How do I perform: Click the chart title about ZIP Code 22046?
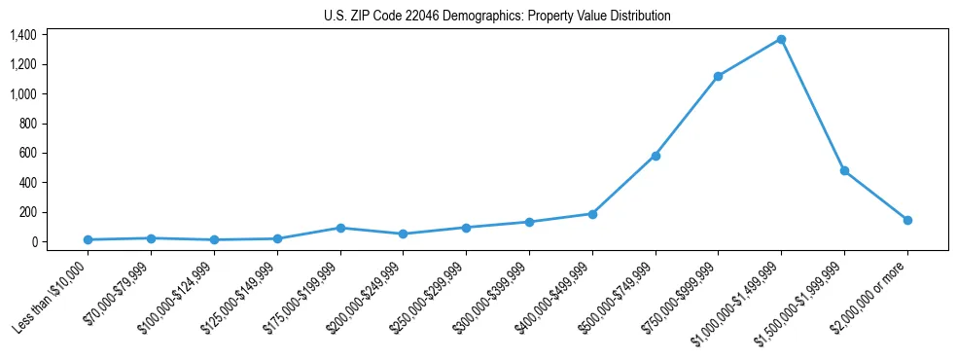click(x=497, y=17)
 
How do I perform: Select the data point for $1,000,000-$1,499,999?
click(x=781, y=40)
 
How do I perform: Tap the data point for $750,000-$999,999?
click(x=718, y=76)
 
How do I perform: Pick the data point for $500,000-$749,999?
click(x=656, y=156)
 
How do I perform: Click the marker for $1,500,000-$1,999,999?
click(x=844, y=170)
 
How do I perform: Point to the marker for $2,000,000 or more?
click(x=907, y=220)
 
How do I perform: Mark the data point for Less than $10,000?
click(x=89, y=239)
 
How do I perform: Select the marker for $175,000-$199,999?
click(x=340, y=228)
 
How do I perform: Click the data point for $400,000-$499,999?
click(x=592, y=214)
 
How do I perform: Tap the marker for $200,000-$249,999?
click(x=404, y=234)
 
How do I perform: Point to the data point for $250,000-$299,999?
click(x=466, y=228)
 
